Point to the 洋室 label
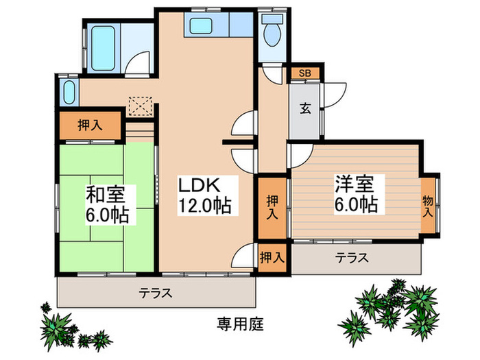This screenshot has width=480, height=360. (x=355, y=184)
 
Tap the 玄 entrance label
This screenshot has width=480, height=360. (x=304, y=108)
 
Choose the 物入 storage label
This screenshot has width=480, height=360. (x=428, y=206)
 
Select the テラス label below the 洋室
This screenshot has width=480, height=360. (x=352, y=259)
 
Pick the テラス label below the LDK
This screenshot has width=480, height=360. (x=156, y=293)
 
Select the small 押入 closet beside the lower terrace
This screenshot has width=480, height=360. (x=272, y=258)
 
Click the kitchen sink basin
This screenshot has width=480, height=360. (x=204, y=27)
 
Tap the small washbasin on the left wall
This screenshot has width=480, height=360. (x=67, y=91)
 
